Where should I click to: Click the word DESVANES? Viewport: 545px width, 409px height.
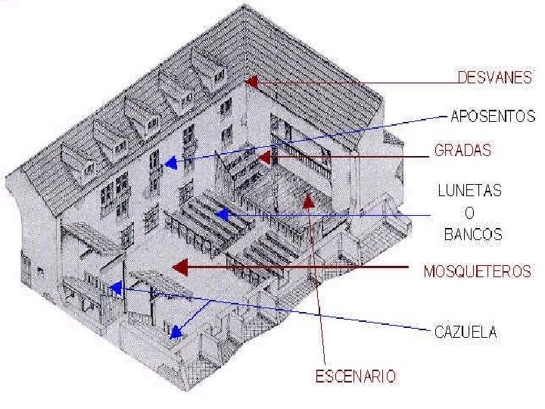(x=496, y=77)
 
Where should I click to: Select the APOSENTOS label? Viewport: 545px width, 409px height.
(x=493, y=117)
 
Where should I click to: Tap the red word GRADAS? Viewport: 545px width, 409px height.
(x=462, y=150)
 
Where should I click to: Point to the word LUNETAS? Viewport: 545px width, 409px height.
(x=470, y=191)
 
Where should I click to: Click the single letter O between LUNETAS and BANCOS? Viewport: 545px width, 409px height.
(x=470, y=213)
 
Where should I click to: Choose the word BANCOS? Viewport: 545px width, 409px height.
(x=472, y=234)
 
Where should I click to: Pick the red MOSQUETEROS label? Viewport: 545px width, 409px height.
(x=477, y=270)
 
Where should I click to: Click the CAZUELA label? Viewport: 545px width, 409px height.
(x=466, y=331)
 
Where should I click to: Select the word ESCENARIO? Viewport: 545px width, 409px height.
(x=356, y=375)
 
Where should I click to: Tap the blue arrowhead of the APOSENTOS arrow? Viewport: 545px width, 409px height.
(x=171, y=162)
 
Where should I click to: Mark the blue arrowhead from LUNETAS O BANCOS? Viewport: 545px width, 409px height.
(x=220, y=215)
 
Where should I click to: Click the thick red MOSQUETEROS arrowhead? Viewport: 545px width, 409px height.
(x=178, y=267)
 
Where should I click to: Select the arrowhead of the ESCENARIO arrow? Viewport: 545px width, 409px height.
(x=308, y=200)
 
